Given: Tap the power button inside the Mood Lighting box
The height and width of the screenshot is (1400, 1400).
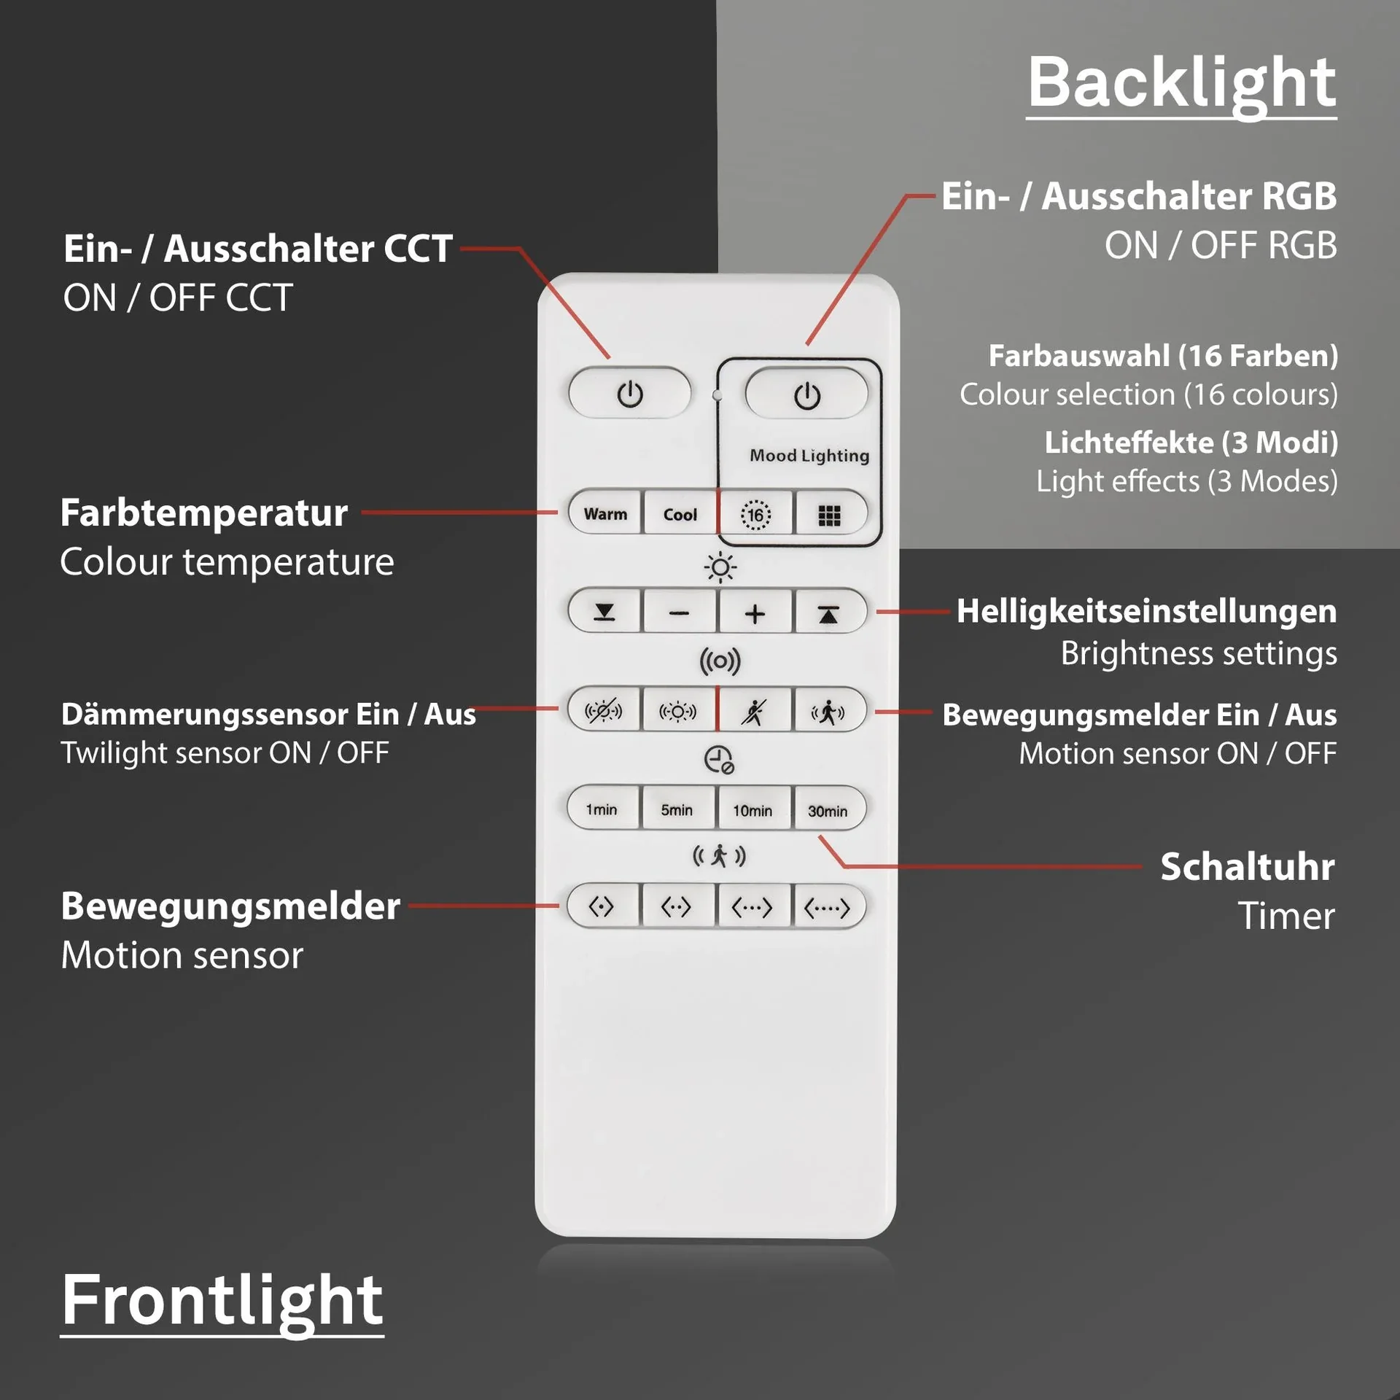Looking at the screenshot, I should click(806, 394).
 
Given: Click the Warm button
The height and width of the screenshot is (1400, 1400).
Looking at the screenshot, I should click(605, 514).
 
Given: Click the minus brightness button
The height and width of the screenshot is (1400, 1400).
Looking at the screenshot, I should click(679, 613).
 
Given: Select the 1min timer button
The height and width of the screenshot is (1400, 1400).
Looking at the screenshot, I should click(602, 809).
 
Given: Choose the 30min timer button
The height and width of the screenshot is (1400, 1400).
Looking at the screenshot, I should click(828, 811).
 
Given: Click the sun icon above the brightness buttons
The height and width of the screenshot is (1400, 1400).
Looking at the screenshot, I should click(720, 567).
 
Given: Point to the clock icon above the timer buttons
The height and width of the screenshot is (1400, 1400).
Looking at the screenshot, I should click(719, 760).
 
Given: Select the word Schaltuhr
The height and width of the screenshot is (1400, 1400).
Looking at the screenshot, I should click(1247, 867).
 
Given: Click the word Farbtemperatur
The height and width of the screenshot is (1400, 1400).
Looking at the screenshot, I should click(203, 513).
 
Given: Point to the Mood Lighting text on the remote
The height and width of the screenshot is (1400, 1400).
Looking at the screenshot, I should click(809, 456).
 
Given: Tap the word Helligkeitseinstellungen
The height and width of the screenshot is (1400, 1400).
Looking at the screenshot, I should click(1146, 611).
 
